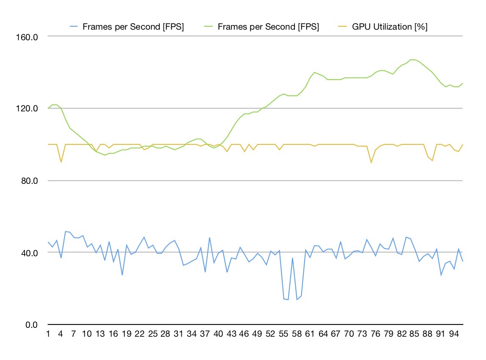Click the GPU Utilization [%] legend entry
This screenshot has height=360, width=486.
click(x=389, y=27)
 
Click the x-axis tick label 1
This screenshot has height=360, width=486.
click(x=48, y=334)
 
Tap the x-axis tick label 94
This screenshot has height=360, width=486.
click(x=454, y=334)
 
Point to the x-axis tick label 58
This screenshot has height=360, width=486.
click(x=297, y=334)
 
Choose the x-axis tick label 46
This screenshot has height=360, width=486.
click(x=244, y=334)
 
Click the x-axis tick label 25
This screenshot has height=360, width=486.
click(x=153, y=334)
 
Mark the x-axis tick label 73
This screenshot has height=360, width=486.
click(x=362, y=334)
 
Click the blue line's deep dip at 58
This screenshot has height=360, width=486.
click(x=297, y=300)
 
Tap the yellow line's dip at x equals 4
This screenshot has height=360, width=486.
click(x=61, y=162)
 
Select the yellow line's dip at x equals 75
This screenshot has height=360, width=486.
click(x=371, y=163)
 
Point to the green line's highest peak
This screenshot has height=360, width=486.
click(x=413, y=60)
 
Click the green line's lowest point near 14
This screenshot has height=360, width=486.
click(x=105, y=155)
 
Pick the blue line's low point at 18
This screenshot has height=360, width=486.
click(x=122, y=275)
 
